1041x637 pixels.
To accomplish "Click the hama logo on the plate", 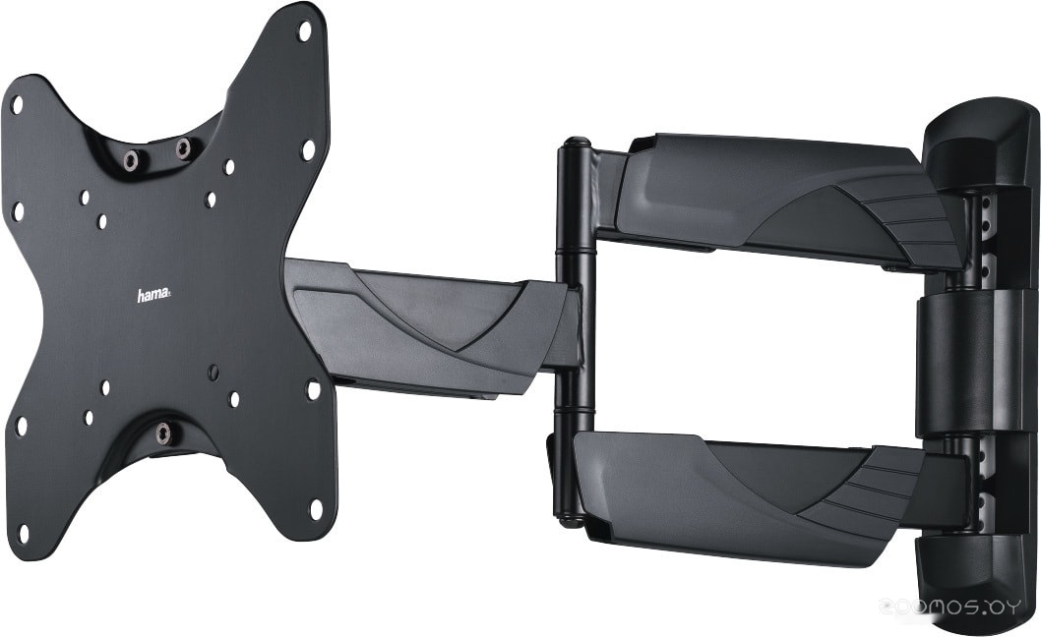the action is (153, 295).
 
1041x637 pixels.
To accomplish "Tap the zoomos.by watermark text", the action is (949, 607).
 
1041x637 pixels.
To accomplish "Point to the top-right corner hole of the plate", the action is (305, 30).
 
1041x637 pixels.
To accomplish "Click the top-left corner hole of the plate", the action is (18, 104).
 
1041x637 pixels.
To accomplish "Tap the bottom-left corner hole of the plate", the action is (24, 533).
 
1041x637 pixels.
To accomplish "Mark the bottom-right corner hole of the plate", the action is (316, 509).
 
